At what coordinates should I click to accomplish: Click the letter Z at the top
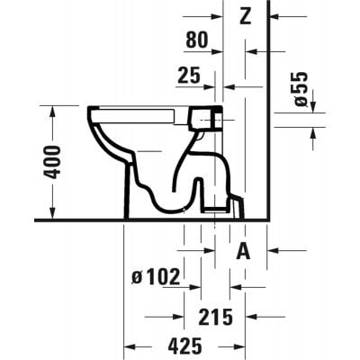coord(245,14)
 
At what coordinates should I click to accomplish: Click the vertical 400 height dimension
coord(53,161)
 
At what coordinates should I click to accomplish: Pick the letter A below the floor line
coord(243,253)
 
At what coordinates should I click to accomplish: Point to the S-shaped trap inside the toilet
coord(189,175)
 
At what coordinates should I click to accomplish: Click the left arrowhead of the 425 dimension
coord(128,346)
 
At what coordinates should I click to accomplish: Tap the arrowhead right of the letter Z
coord(274,16)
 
